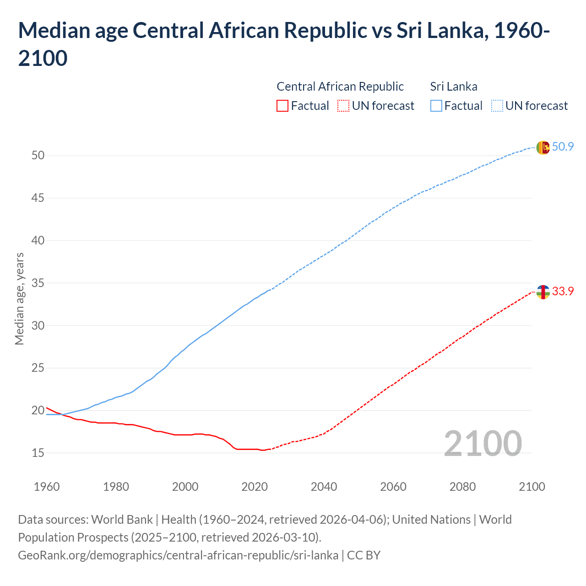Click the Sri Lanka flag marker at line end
coord(543,147)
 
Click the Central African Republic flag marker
coord(543,292)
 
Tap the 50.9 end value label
coord(563,147)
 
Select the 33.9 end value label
coord(563,292)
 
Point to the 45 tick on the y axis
coord(38,198)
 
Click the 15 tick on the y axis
coord(38,453)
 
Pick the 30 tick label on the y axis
coord(38,326)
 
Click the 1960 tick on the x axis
coord(47,487)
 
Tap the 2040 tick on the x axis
coord(324,487)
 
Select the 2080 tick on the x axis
coord(462,487)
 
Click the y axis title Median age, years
coord(19,298)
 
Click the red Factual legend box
coord(282,106)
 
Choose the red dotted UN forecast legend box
coord(343,106)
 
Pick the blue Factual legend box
coord(436,106)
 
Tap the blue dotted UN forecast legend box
coord(497,106)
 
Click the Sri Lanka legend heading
coord(454,87)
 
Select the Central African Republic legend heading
coord(340,87)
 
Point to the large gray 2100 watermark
coord(483,444)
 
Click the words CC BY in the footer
coord(364,555)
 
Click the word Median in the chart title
coord(54,31)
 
